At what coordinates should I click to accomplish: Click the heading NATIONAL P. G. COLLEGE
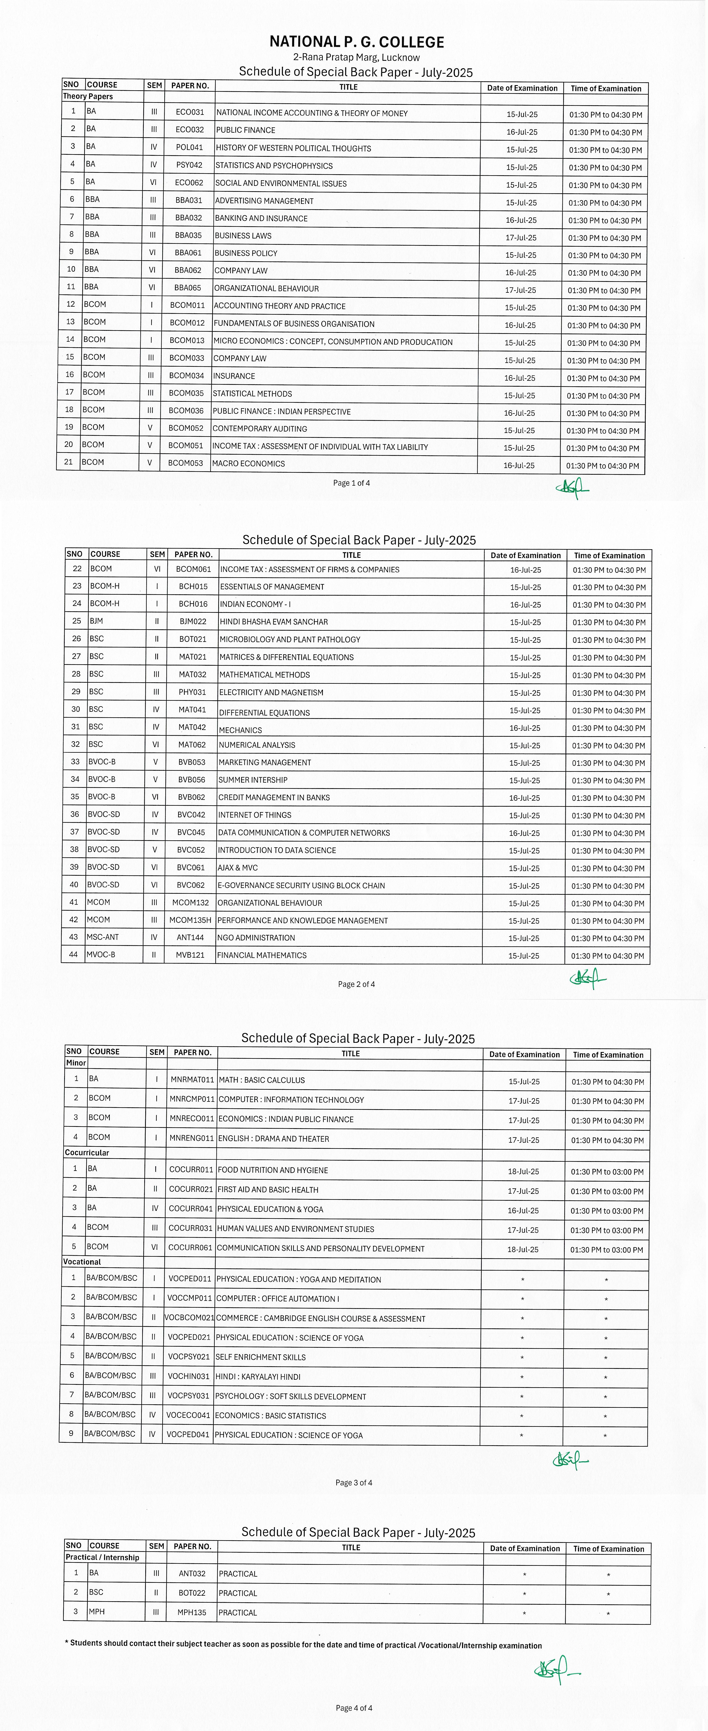356,42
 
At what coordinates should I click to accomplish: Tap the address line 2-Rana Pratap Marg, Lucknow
356,58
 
